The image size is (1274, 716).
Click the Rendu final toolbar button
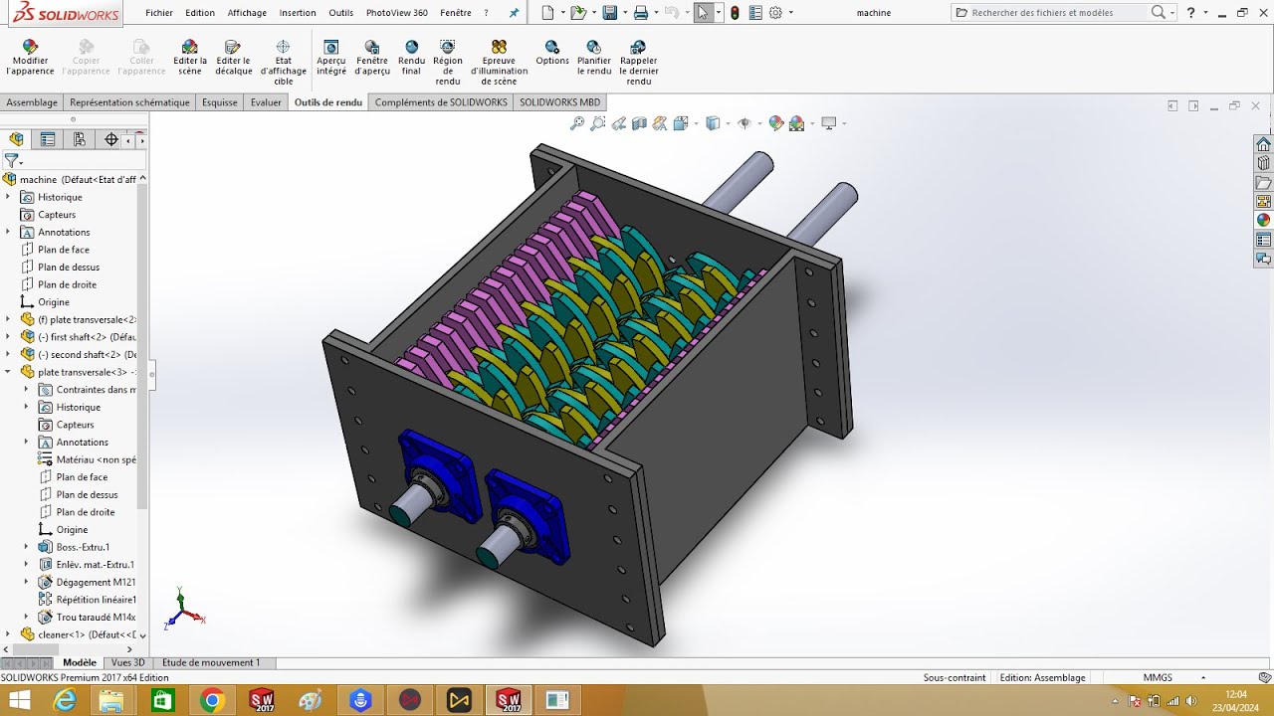click(411, 59)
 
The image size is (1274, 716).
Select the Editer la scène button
click(189, 59)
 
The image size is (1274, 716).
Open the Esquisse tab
click(220, 102)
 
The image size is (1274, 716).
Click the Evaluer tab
click(266, 102)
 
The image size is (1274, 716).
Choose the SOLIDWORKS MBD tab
click(559, 102)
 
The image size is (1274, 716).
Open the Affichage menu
click(247, 13)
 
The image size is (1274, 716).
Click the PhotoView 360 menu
click(396, 13)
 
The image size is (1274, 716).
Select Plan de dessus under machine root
click(68, 267)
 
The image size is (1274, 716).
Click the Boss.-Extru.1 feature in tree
click(83, 547)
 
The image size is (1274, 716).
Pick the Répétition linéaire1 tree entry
click(96, 600)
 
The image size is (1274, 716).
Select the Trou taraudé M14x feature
click(96, 618)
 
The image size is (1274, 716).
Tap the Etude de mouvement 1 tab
click(210, 662)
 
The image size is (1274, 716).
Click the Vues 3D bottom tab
click(127, 662)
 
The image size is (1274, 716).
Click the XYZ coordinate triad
click(183, 609)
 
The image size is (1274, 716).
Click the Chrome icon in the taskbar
click(211, 701)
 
